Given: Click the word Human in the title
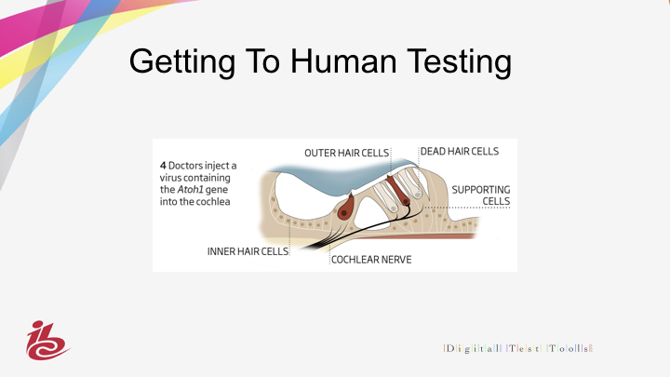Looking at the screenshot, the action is (343, 61).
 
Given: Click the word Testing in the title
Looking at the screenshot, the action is (459, 63).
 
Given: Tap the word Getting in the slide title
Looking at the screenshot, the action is (182, 63).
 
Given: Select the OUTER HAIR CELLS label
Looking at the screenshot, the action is (346, 153).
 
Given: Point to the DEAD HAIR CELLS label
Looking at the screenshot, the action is (460, 152).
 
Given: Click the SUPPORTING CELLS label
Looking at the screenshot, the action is (481, 195).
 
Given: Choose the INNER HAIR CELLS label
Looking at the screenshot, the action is (248, 251).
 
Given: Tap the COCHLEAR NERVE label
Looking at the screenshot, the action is (371, 260).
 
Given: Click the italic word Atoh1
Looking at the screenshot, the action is (190, 189).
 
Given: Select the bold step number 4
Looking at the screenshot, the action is (163, 166).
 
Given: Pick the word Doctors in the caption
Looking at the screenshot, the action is (186, 166).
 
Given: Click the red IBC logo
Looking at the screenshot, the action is (47, 341).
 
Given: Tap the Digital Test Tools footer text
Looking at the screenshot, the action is (518, 348).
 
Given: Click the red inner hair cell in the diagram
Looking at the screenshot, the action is (345, 209).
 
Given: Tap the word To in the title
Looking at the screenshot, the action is (262, 61).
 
